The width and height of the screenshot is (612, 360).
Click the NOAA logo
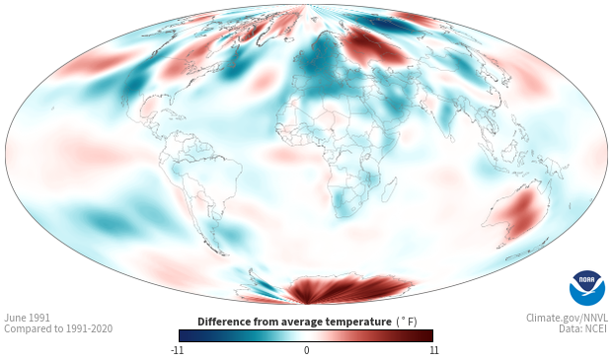click(x=587, y=287)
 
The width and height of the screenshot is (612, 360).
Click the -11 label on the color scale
click(x=178, y=350)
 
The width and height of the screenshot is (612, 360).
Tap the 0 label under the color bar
click(x=306, y=350)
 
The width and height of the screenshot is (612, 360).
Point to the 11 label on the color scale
click(x=433, y=350)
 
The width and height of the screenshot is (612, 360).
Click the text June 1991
click(x=27, y=318)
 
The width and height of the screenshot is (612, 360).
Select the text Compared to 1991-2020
click(x=58, y=328)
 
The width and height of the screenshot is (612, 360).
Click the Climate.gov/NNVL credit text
click(x=567, y=318)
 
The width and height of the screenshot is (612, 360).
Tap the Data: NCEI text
click(x=583, y=328)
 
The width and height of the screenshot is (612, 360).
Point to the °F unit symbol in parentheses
click(x=407, y=322)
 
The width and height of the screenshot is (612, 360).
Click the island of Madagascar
click(x=389, y=189)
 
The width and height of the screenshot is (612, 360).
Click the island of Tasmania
click(x=501, y=245)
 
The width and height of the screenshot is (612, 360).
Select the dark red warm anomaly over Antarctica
click(x=347, y=289)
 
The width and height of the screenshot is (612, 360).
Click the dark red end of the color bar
click(x=425, y=335)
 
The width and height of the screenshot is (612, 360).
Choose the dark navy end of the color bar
click(x=187, y=335)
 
